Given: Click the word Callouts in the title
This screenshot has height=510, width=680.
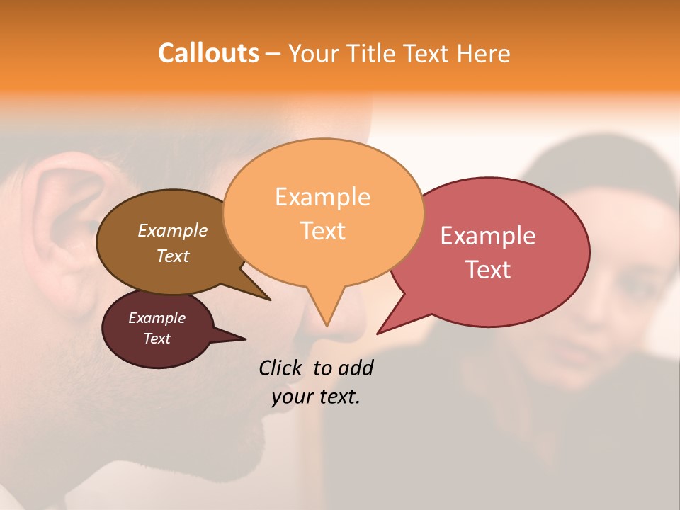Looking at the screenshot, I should pyautogui.click(x=208, y=53).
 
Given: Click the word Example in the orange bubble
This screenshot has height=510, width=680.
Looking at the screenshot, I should pyautogui.click(x=322, y=197).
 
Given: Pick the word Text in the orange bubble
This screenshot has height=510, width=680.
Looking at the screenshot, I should pyautogui.click(x=322, y=231).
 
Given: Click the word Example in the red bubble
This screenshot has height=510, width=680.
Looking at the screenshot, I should pyautogui.click(x=488, y=236).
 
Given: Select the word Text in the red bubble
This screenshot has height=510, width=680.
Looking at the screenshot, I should pyautogui.click(x=488, y=270).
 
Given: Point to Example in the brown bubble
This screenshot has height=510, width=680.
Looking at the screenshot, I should pyautogui.click(x=173, y=231).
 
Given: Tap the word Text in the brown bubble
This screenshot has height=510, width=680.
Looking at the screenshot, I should pyautogui.click(x=173, y=256).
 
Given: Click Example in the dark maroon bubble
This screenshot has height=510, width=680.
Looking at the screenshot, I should pyautogui.click(x=157, y=318).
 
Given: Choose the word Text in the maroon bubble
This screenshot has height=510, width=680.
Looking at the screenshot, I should pyautogui.click(x=157, y=339).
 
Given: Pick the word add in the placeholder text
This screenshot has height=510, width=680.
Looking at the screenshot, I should pyautogui.click(x=356, y=368).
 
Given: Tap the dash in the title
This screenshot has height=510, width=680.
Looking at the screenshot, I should pyautogui.click(x=273, y=54).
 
